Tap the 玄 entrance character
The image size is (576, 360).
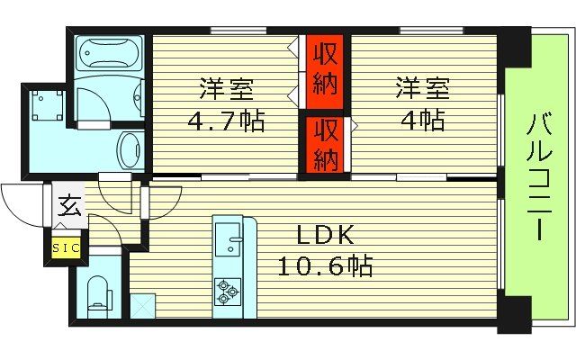click(69, 206)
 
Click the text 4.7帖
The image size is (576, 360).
click(225, 120)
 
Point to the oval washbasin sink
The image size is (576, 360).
click(129, 148)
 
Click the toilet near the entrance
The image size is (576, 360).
click(99, 292)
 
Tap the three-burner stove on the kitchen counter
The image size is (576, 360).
click(227, 290)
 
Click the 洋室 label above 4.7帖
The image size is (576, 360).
click(226, 90)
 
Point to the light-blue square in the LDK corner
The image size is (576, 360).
click(143, 306)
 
